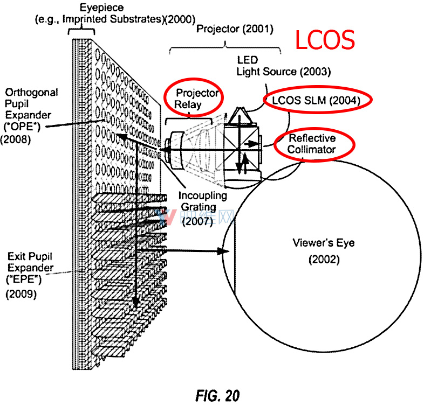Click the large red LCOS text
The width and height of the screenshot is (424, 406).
(325, 40)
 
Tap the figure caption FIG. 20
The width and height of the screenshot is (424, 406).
(218, 396)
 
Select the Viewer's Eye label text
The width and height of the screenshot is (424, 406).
(324, 243)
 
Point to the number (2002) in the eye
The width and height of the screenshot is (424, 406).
(324, 260)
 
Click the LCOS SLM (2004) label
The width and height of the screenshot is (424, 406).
(316, 100)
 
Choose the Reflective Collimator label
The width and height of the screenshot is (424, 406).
(312, 144)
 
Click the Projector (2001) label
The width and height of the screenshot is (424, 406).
(235, 29)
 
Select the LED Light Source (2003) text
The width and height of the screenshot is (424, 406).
(284, 66)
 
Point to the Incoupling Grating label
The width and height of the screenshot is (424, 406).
(202, 201)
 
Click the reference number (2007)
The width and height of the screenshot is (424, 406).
(197, 221)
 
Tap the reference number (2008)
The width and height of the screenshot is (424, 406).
(16, 139)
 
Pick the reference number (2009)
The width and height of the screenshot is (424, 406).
(21, 293)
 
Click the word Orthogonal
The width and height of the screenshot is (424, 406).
(31, 92)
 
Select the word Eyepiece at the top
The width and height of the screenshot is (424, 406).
(101, 8)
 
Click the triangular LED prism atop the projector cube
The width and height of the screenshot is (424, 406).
(240, 116)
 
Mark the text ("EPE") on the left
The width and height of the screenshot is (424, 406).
(24, 279)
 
